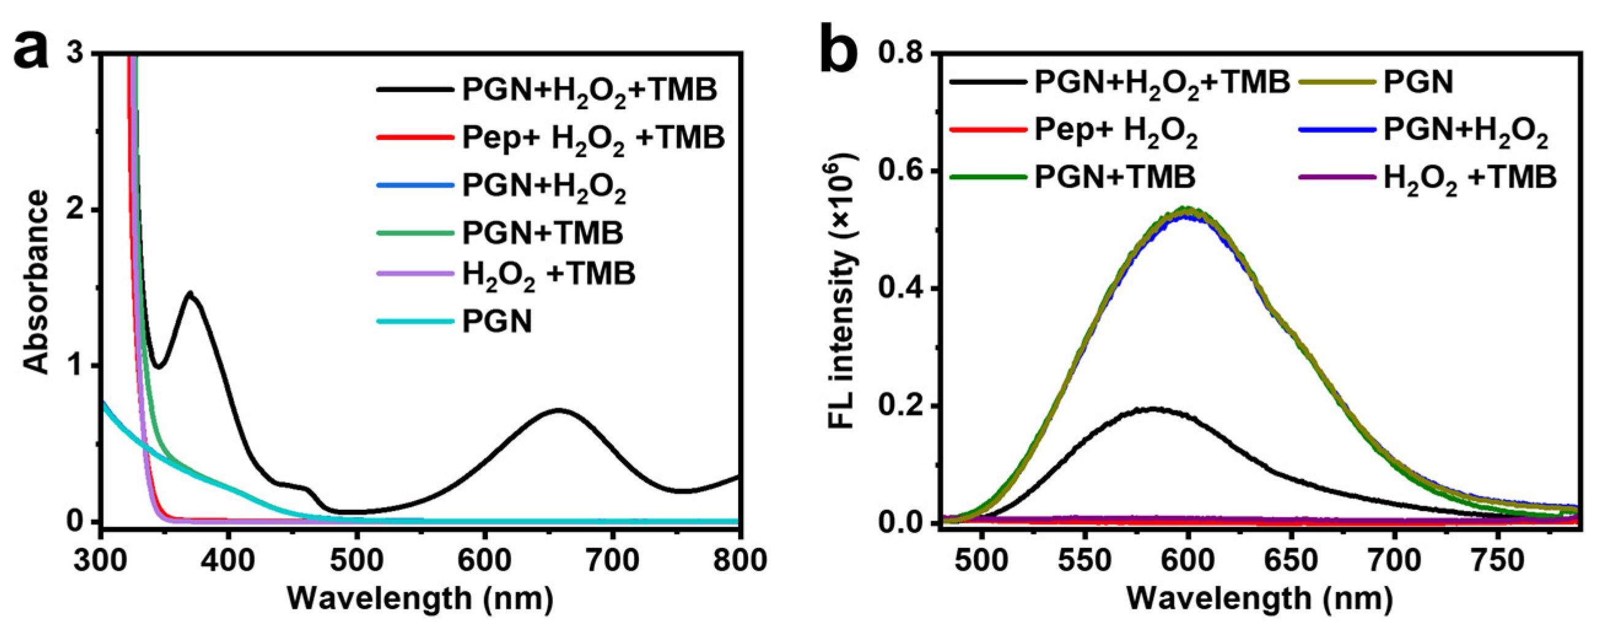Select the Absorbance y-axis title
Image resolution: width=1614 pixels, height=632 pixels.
[36, 282]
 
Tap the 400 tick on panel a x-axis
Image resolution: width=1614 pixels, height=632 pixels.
[228, 560]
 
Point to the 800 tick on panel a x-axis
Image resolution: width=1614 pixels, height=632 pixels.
[739, 560]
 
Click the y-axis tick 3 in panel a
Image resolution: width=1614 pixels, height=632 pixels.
[75, 54]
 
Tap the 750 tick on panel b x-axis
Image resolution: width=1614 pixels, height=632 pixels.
[1497, 560]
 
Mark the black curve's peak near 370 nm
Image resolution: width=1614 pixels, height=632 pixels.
[190, 293]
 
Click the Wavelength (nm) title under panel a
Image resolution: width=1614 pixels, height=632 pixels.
[420, 598]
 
